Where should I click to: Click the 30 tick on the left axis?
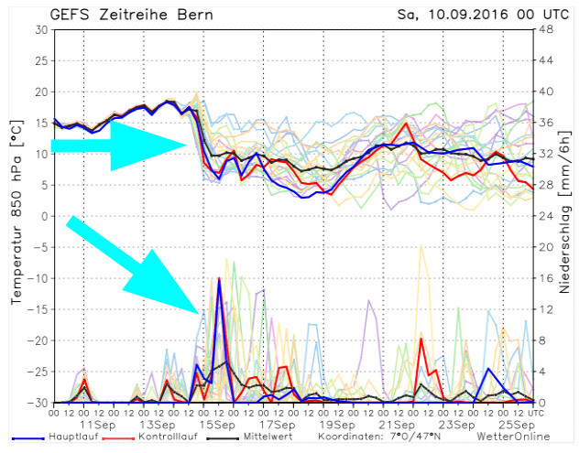[40, 29]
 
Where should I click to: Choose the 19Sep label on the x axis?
[337, 426]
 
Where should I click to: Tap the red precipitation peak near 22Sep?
[421, 339]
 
